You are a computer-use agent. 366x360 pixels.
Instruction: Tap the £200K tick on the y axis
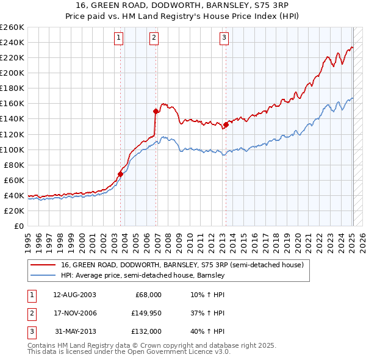[13, 73]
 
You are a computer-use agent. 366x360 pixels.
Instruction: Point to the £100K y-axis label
[13, 149]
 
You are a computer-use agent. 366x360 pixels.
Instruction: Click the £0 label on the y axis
[18, 226]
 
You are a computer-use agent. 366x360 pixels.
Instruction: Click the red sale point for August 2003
[120, 174]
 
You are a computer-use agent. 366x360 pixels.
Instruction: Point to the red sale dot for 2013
[226, 124]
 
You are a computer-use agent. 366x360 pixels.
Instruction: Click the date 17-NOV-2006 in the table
[75, 313]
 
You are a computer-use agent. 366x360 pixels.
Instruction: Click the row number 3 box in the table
[30, 331]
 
